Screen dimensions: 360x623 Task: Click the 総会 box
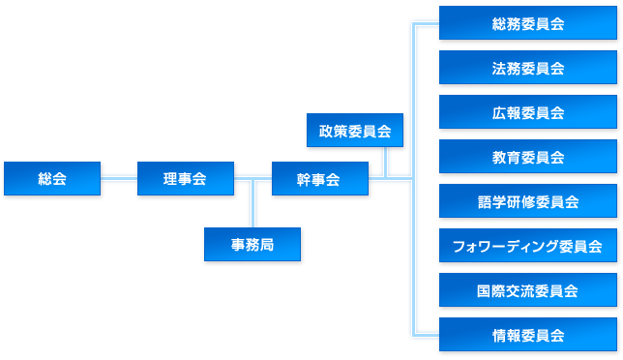pos(52,179)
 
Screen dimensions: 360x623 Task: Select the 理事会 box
pos(186,179)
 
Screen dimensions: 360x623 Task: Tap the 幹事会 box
pos(319,179)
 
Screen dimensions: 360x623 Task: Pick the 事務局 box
pos(252,245)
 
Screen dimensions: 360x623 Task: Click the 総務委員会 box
pos(527,23)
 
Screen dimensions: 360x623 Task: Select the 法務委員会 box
pos(527,68)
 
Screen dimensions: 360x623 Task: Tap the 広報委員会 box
pos(527,112)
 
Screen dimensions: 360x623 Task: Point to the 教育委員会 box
pos(527,157)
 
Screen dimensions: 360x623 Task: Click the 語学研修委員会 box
pos(527,201)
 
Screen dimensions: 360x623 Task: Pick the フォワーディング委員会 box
pos(527,246)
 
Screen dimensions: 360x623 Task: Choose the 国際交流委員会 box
pos(527,290)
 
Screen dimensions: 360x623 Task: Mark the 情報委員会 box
pos(527,335)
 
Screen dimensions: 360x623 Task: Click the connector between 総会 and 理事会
pos(119,179)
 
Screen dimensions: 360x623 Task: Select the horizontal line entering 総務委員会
pos(426,23)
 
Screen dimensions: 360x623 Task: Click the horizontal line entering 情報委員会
pos(426,335)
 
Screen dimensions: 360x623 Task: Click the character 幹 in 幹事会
pos(305,179)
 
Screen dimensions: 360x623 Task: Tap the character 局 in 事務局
pos(267,245)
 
